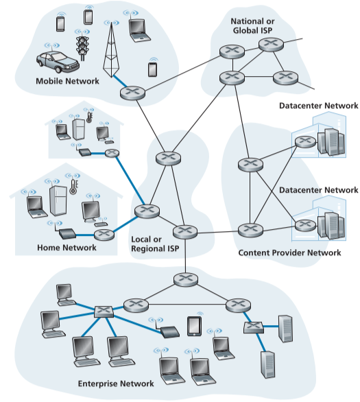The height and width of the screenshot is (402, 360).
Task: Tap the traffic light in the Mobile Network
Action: tap(82, 47)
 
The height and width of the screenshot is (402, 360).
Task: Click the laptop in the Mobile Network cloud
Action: tap(138, 28)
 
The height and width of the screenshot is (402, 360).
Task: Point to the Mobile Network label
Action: tap(67, 82)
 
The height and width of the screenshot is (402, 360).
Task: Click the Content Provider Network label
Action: tap(289, 253)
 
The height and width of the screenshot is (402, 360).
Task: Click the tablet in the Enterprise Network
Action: tap(194, 324)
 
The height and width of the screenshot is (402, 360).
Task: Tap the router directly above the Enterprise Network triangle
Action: tap(184, 279)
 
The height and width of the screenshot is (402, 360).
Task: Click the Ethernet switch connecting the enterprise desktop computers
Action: tap(103, 311)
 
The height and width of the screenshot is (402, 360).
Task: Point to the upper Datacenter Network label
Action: tap(318, 106)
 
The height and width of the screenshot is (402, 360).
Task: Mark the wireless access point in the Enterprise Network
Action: tap(169, 332)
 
